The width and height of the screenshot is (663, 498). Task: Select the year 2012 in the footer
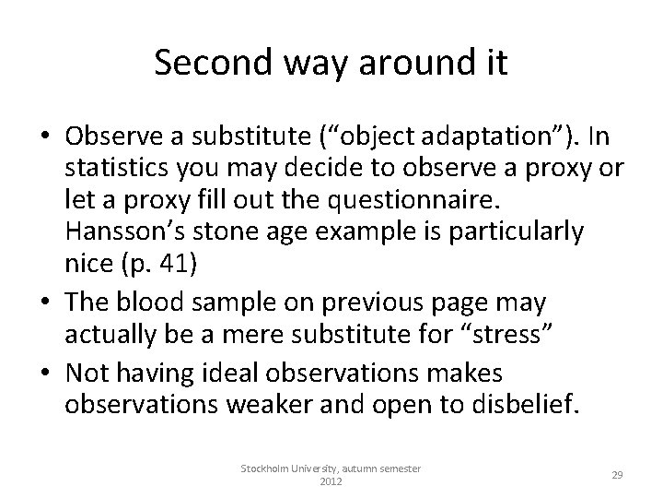[331, 481]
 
